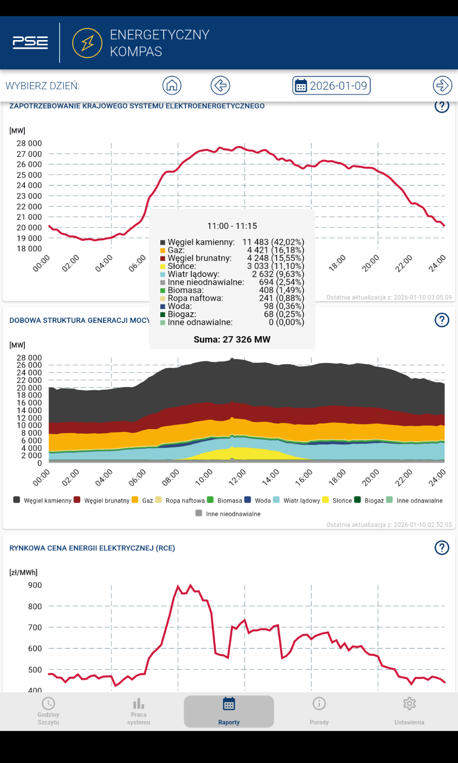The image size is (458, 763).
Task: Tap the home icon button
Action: click(x=172, y=85)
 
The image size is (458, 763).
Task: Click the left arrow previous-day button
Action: click(x=220, y=85)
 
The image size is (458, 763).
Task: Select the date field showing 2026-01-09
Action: click(x=331, y=85)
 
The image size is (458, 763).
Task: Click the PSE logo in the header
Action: click(x=31, y=42)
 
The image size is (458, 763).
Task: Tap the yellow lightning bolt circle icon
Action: click(x=87, y=43)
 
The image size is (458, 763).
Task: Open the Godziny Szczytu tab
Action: click(x=48, y=711)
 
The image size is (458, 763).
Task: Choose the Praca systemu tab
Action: click(x=139, y=711)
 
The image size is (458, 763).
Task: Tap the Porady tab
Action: click(x=319, y=711)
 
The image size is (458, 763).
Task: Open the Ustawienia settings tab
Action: click(x=409, y=711)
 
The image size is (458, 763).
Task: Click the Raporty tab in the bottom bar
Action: click(x=229, y=711)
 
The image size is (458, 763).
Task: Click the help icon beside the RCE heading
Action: click(x=442, y=548)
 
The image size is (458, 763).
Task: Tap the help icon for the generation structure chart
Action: click(x=442, y=320)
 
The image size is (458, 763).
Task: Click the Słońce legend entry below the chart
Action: click(x=337, y=500)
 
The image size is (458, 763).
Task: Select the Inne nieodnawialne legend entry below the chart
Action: click(x=228, y=514)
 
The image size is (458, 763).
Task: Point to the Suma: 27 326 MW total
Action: click(x=232, y=340)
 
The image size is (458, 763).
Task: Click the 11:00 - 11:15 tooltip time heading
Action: click(x=232, y=226)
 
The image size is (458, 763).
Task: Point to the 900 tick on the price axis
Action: click(x=35, y=585)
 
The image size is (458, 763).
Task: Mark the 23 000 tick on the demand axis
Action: click(x=29, y=196)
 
